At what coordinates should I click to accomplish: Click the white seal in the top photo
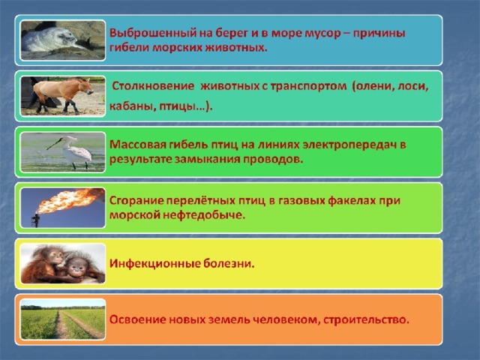tap(49, 39)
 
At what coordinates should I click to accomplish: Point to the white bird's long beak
tap(55, 144)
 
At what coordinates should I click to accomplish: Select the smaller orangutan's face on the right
tap(76, 267)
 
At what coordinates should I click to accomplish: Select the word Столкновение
tap(153, 86)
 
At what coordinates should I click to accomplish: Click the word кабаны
tap(128, 106)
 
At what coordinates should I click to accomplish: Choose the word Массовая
tap(138, 145)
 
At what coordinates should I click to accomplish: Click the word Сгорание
tap(136, 201)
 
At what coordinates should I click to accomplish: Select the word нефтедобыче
tap(204, 215)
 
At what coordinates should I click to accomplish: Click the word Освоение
tap(138, 319)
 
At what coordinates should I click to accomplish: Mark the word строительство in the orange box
tap(366, 320)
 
